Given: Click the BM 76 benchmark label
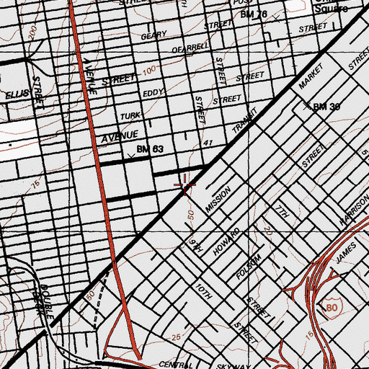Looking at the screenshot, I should click(254, 14).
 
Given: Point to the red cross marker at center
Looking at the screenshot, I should click(186, 186).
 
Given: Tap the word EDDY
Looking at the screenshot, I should click(154, 93).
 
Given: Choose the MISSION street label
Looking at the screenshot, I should click(218, 200).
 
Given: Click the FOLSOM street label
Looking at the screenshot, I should click(246, 264).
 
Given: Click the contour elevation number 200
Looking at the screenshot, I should click(30, 32).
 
